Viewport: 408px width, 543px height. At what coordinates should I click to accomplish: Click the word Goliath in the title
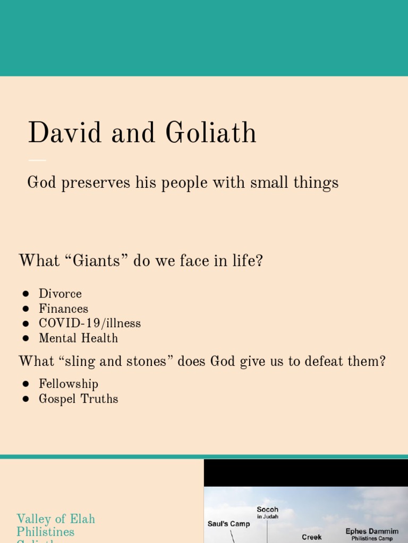[211, 133]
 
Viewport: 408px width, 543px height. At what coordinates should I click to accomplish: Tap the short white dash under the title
[37, 160]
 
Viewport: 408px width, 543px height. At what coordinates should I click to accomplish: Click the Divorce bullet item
[60, 294]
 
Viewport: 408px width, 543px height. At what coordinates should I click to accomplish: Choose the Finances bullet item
[63, 309]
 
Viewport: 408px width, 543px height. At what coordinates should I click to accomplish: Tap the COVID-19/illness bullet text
[90, 323]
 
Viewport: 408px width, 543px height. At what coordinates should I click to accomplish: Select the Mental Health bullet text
[78, 338]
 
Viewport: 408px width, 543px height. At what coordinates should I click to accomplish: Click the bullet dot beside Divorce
[25, 294]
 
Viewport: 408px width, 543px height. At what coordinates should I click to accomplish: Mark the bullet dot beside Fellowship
[25, 384]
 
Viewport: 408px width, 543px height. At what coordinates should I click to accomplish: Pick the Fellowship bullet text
[69, 384]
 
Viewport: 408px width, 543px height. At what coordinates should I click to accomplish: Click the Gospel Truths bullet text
[78, 399]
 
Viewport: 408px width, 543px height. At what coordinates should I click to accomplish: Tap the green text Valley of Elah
[56, 519]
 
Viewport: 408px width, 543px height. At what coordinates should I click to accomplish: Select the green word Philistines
[46, 531]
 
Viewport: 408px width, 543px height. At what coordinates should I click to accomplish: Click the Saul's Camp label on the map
[228, 524]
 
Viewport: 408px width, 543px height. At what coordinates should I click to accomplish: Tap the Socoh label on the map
[267, 510]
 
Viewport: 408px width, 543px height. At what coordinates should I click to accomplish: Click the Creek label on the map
[312, 537]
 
